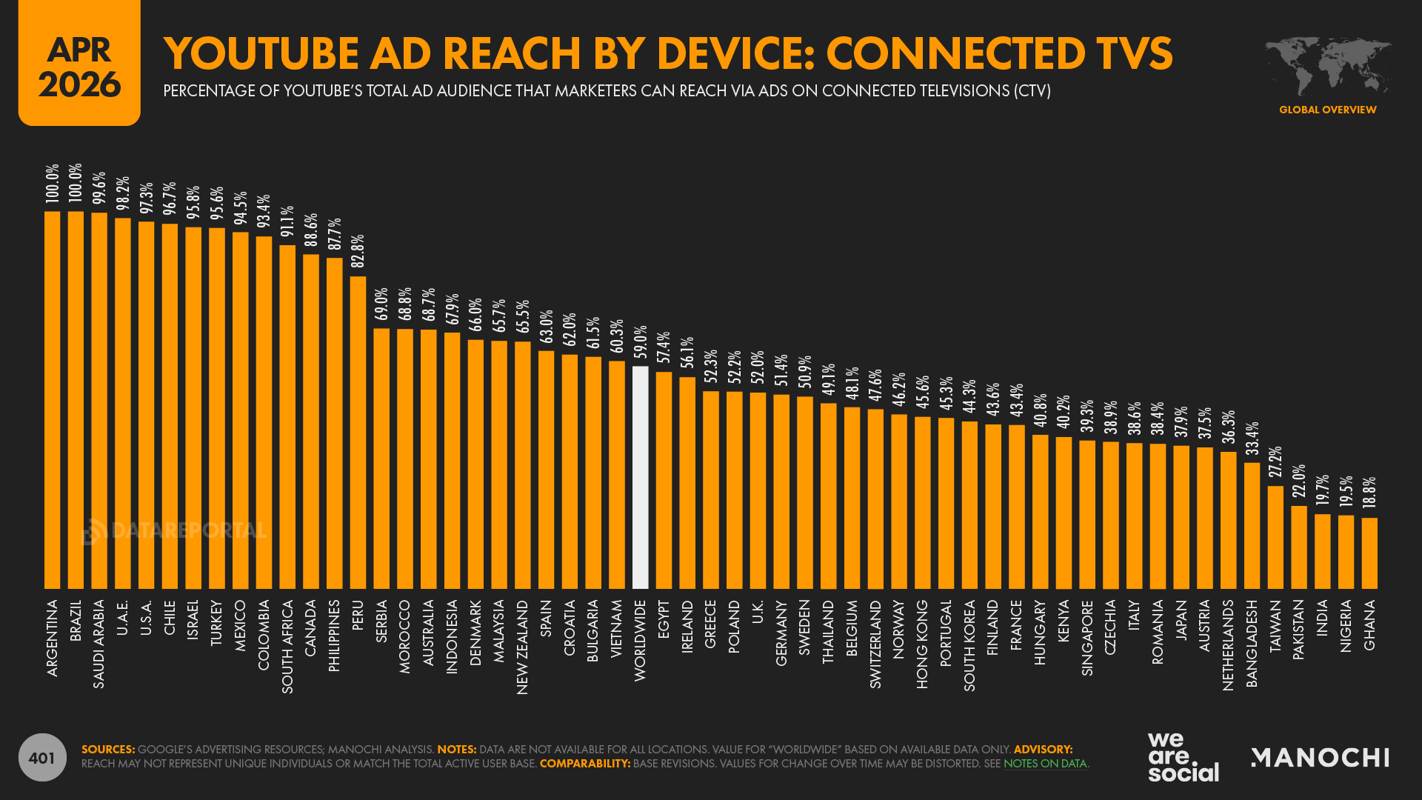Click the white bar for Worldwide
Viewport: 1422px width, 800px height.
point(641,478)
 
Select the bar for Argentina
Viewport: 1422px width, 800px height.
point(53,400)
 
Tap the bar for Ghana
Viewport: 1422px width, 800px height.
point(1369,553)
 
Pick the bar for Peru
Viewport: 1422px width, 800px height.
point(358,433)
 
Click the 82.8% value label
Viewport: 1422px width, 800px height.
point(358,252)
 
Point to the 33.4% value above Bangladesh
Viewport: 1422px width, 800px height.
point(1252,439)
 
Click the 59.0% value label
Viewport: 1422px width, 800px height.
point(641,341)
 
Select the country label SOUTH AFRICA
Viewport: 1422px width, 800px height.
point(287,647)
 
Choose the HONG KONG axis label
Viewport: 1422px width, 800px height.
point(922,644)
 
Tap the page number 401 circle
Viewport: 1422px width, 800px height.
point(42,757)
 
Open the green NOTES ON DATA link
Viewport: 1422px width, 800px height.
point(1044,764)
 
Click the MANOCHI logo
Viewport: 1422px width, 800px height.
point(1320,757)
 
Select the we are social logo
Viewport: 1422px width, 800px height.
point(1183,757)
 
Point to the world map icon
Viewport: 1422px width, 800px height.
point(1327,67)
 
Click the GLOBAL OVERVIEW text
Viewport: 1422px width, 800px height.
point(1327,110)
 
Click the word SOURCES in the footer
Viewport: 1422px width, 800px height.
point(108,750)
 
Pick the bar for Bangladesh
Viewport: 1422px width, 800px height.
point(1252,526)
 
